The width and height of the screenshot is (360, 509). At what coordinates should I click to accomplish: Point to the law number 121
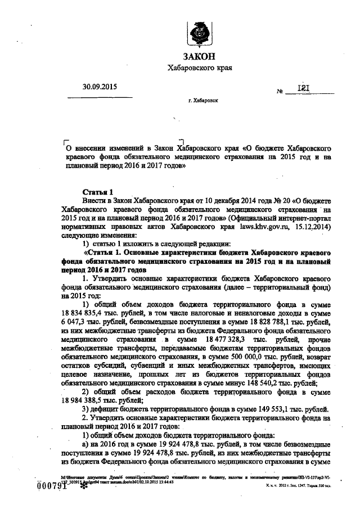point(303,88)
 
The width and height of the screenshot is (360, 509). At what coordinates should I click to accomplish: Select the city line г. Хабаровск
point(203,103)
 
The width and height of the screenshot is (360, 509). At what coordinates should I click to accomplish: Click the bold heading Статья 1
point(98,192)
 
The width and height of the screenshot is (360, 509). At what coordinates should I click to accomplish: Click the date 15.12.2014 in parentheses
point(313,227)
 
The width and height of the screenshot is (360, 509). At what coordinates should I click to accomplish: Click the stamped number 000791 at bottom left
point(52,487)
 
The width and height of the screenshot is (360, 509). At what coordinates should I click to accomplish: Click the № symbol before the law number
point(279,91)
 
